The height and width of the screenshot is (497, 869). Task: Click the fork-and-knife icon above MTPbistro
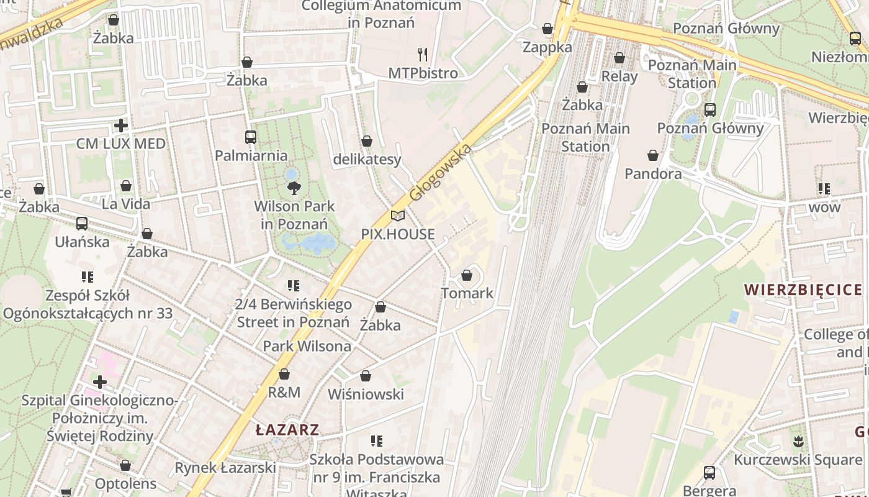click(x=423, y=54)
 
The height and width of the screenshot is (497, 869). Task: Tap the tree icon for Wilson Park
click(x=294, y=187)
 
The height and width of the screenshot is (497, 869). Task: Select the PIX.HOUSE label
click(x=398, y=234)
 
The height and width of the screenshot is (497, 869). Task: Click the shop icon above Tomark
click(x=467, y=275)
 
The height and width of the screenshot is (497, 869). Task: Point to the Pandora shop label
click(x=653, y=173)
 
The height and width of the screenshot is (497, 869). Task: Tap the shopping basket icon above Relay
click(x=619, y=58)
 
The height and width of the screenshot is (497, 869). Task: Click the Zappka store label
click(x=547, y=47)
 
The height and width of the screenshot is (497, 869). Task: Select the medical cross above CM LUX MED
click(x=121, y=125)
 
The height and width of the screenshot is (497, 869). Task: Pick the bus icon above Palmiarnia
click(x=251, y=137)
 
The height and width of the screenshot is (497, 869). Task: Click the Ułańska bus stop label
click(x=82, y=242)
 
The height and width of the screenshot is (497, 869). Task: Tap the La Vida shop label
click(x=126, y=204)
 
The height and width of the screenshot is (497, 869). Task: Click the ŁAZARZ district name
click(x=287, y=429)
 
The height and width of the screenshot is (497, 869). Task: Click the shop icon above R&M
click(x=284, y=374)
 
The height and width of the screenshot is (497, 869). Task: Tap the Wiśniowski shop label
click(x=366, y=394)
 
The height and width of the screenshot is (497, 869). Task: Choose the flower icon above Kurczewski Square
click(x=798, y=442)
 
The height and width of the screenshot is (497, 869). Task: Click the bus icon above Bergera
click(x=709, y=473)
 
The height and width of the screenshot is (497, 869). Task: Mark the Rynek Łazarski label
click(x=225, y=467)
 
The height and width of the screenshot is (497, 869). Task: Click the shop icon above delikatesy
click(x=367, y=142)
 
